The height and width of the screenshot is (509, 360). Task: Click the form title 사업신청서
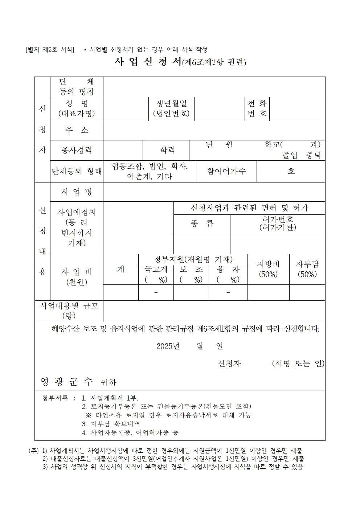pos(148,62)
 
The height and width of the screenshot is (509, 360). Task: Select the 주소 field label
pos(77,130)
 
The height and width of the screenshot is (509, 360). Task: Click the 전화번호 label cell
pos(257,108)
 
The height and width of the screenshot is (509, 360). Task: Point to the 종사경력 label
pos(77,150)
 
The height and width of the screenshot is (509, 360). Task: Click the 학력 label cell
pos(167,150)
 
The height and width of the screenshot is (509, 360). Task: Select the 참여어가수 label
pos(226,171)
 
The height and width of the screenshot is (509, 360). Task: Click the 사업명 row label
pos(77,192)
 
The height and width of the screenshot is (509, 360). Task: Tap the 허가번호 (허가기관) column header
pos(278,223)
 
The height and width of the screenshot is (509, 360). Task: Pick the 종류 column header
pos(202,223)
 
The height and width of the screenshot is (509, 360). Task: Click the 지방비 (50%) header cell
pos(268,269)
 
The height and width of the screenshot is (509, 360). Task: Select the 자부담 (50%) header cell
pos(307,269)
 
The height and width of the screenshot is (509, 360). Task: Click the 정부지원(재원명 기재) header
pos(193,259)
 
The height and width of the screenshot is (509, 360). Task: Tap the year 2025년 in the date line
pos(168,346)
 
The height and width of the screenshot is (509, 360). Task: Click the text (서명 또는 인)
pos(298,364)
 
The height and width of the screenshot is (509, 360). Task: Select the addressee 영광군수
pos(66,381)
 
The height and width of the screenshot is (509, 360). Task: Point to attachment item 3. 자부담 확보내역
pos(111,424)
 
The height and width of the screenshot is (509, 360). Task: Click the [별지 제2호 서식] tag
pos(50,50)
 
